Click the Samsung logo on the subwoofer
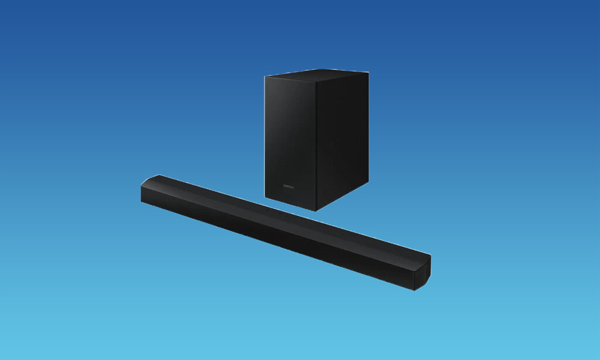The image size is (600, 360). click(x=289, y=187)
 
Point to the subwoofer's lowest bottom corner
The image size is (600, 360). click(x=316, y=210)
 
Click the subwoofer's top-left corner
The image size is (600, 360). click(x=265, y=76)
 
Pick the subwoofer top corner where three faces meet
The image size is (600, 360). click(x=318, y=79)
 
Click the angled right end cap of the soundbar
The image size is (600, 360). click(x=422, y=272)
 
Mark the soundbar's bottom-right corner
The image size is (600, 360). click(x=414, y=290)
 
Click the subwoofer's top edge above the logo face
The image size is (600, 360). click(x=291, y=78)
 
